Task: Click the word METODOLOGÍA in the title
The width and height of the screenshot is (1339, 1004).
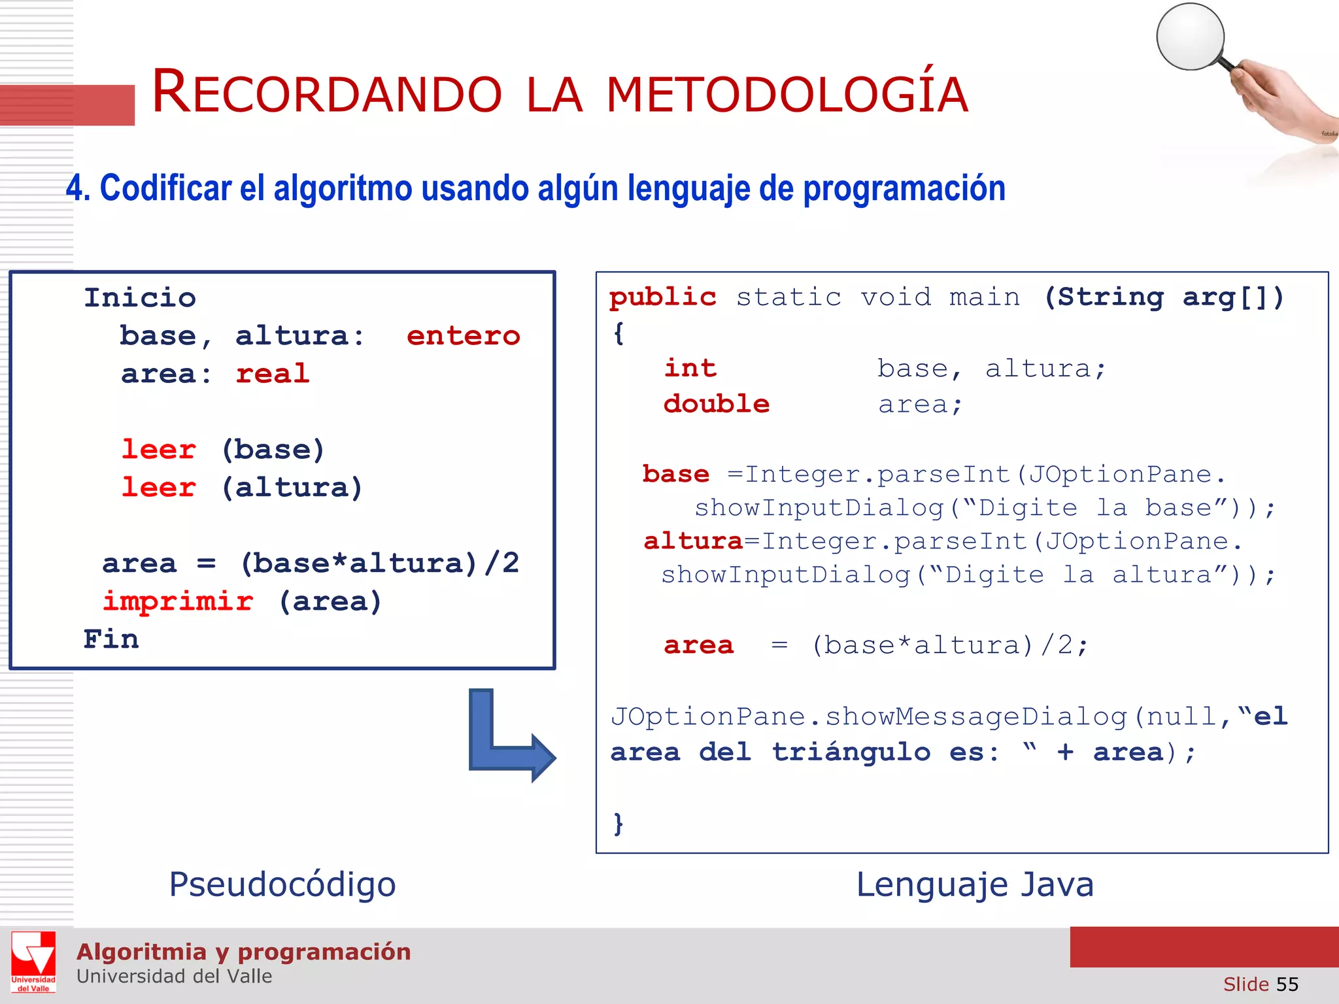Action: (787, 95)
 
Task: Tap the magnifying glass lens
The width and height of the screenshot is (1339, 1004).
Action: (1190, 37)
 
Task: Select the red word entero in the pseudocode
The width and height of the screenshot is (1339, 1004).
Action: (463, 336)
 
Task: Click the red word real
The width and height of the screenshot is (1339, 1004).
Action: (272, 374)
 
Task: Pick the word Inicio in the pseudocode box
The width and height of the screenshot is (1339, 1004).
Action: (140, 298)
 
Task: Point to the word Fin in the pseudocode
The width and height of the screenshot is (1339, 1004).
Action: (111, 639)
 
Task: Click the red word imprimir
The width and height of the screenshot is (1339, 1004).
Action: (178, 601)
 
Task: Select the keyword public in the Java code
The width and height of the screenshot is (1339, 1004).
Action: (662, 297)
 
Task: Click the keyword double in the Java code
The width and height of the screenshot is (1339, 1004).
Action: (717, 404)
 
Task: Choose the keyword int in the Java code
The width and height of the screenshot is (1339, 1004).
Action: (690, 368)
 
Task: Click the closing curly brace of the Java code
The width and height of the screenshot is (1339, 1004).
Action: (619, 824)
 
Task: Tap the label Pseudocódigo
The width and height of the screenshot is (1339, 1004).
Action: (282, 884)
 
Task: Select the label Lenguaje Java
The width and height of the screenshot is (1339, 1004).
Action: (974, 884)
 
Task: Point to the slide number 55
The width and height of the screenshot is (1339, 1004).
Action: (1287, 984)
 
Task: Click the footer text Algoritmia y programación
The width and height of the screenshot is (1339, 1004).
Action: (244, 952)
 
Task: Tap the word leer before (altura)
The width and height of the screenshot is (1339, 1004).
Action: (159, 488)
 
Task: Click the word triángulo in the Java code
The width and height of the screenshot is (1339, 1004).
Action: (851, 752)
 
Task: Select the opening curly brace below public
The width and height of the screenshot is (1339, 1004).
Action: (619, 333)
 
